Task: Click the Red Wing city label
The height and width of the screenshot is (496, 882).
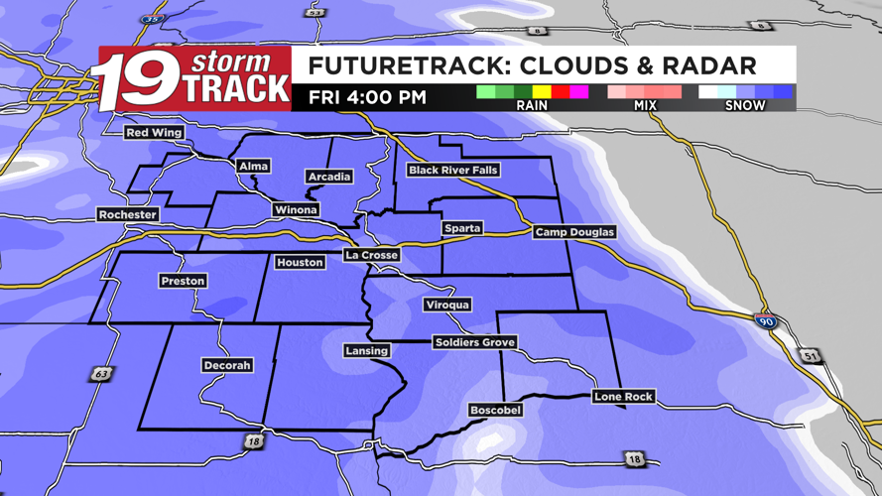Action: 154,133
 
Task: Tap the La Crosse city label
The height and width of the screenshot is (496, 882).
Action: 372,255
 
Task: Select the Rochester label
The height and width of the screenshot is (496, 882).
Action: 128,214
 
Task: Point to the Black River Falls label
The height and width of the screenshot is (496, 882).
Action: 452,171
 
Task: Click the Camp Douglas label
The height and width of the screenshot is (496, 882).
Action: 574,232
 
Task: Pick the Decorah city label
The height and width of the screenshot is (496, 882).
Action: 226,365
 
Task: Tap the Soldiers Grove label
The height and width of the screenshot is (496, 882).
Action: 474,342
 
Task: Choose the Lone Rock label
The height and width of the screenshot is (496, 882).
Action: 623,397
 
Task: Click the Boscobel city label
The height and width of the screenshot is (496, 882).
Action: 495,410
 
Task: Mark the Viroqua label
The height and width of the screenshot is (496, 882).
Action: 446,305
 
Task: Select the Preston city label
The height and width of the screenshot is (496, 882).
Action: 183,282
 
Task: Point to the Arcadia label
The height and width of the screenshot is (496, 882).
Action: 328,177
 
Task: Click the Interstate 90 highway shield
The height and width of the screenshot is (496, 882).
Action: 765,321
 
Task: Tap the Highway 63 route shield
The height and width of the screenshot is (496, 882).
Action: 100,374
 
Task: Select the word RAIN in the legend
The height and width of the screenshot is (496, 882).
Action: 532,105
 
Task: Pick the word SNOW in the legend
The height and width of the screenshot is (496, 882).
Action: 745,105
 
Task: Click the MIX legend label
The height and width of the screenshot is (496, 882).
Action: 645,105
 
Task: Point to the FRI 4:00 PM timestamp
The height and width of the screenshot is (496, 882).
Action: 367,97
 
